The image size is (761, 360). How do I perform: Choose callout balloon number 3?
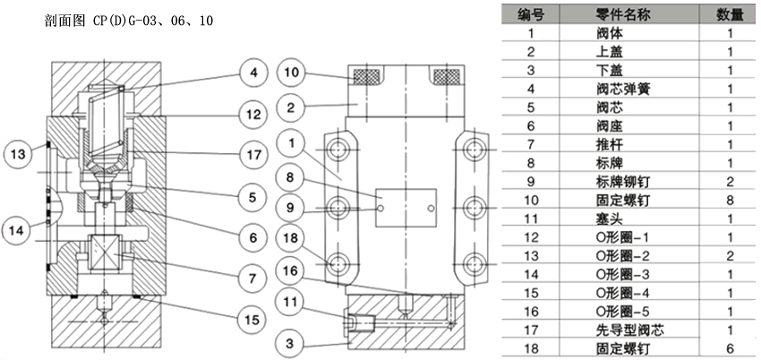(291, 343)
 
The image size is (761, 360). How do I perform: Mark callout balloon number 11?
(291, 303)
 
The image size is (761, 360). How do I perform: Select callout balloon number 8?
(291, 176)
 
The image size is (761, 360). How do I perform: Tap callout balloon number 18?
(291, 238)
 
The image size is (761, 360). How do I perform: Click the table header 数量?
(730, 15)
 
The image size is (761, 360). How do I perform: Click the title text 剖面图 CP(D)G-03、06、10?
(129, 21)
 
